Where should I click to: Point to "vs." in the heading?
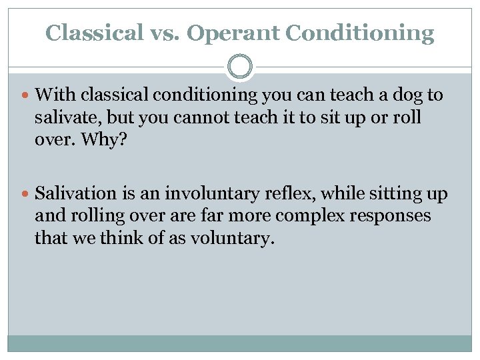pos(161,33)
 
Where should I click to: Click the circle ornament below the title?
pos(240,67)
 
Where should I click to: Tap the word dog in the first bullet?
pos(397,95)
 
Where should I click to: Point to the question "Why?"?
pos(88,139)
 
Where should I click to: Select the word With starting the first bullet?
pos(51,95)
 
